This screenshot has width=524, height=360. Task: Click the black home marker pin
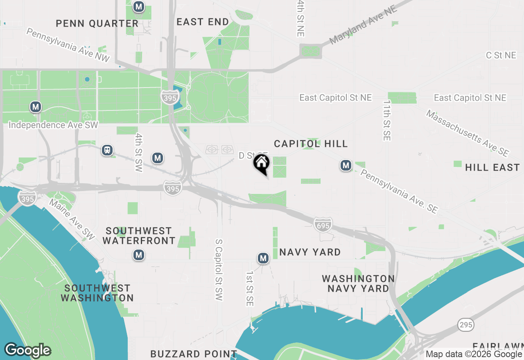[x=261, y=164]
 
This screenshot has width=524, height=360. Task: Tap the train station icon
[x=107, y=150]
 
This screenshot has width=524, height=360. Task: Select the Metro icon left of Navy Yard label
[x=263, y=258]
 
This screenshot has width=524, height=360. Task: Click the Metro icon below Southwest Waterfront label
[x=138, y=255]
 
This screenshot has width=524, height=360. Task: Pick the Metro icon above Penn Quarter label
[x=139, y=7]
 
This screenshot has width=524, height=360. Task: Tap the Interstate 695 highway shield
[x=323, y=224]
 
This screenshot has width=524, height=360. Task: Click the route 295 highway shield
[x=466, y=325]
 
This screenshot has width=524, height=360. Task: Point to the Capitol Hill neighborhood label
[x=311, y=144]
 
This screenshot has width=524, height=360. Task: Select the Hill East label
[x=492, y=167]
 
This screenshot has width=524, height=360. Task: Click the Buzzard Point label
[x=194, y=354]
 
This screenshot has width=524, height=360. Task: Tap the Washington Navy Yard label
[x=358, y=283]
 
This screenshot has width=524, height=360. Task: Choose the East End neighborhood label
[x=203, y=22]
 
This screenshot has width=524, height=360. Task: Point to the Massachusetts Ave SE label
[x=467, y=133]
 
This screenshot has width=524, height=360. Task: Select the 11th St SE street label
[x=386, y=121]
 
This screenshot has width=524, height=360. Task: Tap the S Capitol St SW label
[x=219, y=270]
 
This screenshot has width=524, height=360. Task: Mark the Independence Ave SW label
[x=53, y=125]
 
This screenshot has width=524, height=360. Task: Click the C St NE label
[x=501, y=55]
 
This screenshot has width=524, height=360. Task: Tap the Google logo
[x=27, y=351]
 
